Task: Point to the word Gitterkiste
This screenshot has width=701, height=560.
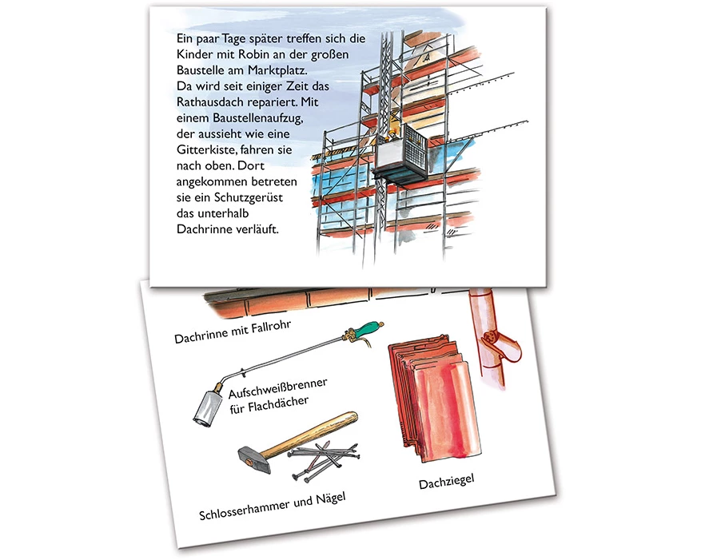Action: point(205,150)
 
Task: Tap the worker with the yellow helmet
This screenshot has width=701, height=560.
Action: point(391,135)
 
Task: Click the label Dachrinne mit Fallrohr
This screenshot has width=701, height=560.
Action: point(233,332)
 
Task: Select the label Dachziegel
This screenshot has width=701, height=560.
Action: point(446,482)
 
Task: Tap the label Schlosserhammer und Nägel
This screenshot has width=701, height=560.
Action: point(273,506)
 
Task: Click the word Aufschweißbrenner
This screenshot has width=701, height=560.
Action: point(277,387)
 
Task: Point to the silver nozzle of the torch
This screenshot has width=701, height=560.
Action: point(208,407)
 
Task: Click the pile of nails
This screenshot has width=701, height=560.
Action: point(325,460)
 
